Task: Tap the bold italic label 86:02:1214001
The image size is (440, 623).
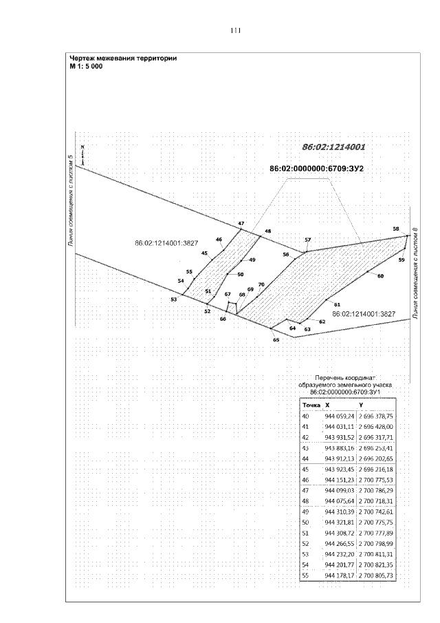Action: point(333,147)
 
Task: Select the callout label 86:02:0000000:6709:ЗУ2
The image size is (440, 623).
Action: point(316,169)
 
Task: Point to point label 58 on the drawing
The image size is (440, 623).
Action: point(395,229)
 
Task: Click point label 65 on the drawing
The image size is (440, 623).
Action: point(276,340)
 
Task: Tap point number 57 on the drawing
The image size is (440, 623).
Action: point(307,240)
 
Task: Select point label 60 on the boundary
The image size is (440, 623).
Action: point(379,275)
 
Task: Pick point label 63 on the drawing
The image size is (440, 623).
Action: point(307,330)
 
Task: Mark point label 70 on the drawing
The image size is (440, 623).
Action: point(261,284)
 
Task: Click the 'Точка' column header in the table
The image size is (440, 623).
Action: point(311,405)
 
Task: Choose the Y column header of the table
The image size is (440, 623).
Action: point(361,405)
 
